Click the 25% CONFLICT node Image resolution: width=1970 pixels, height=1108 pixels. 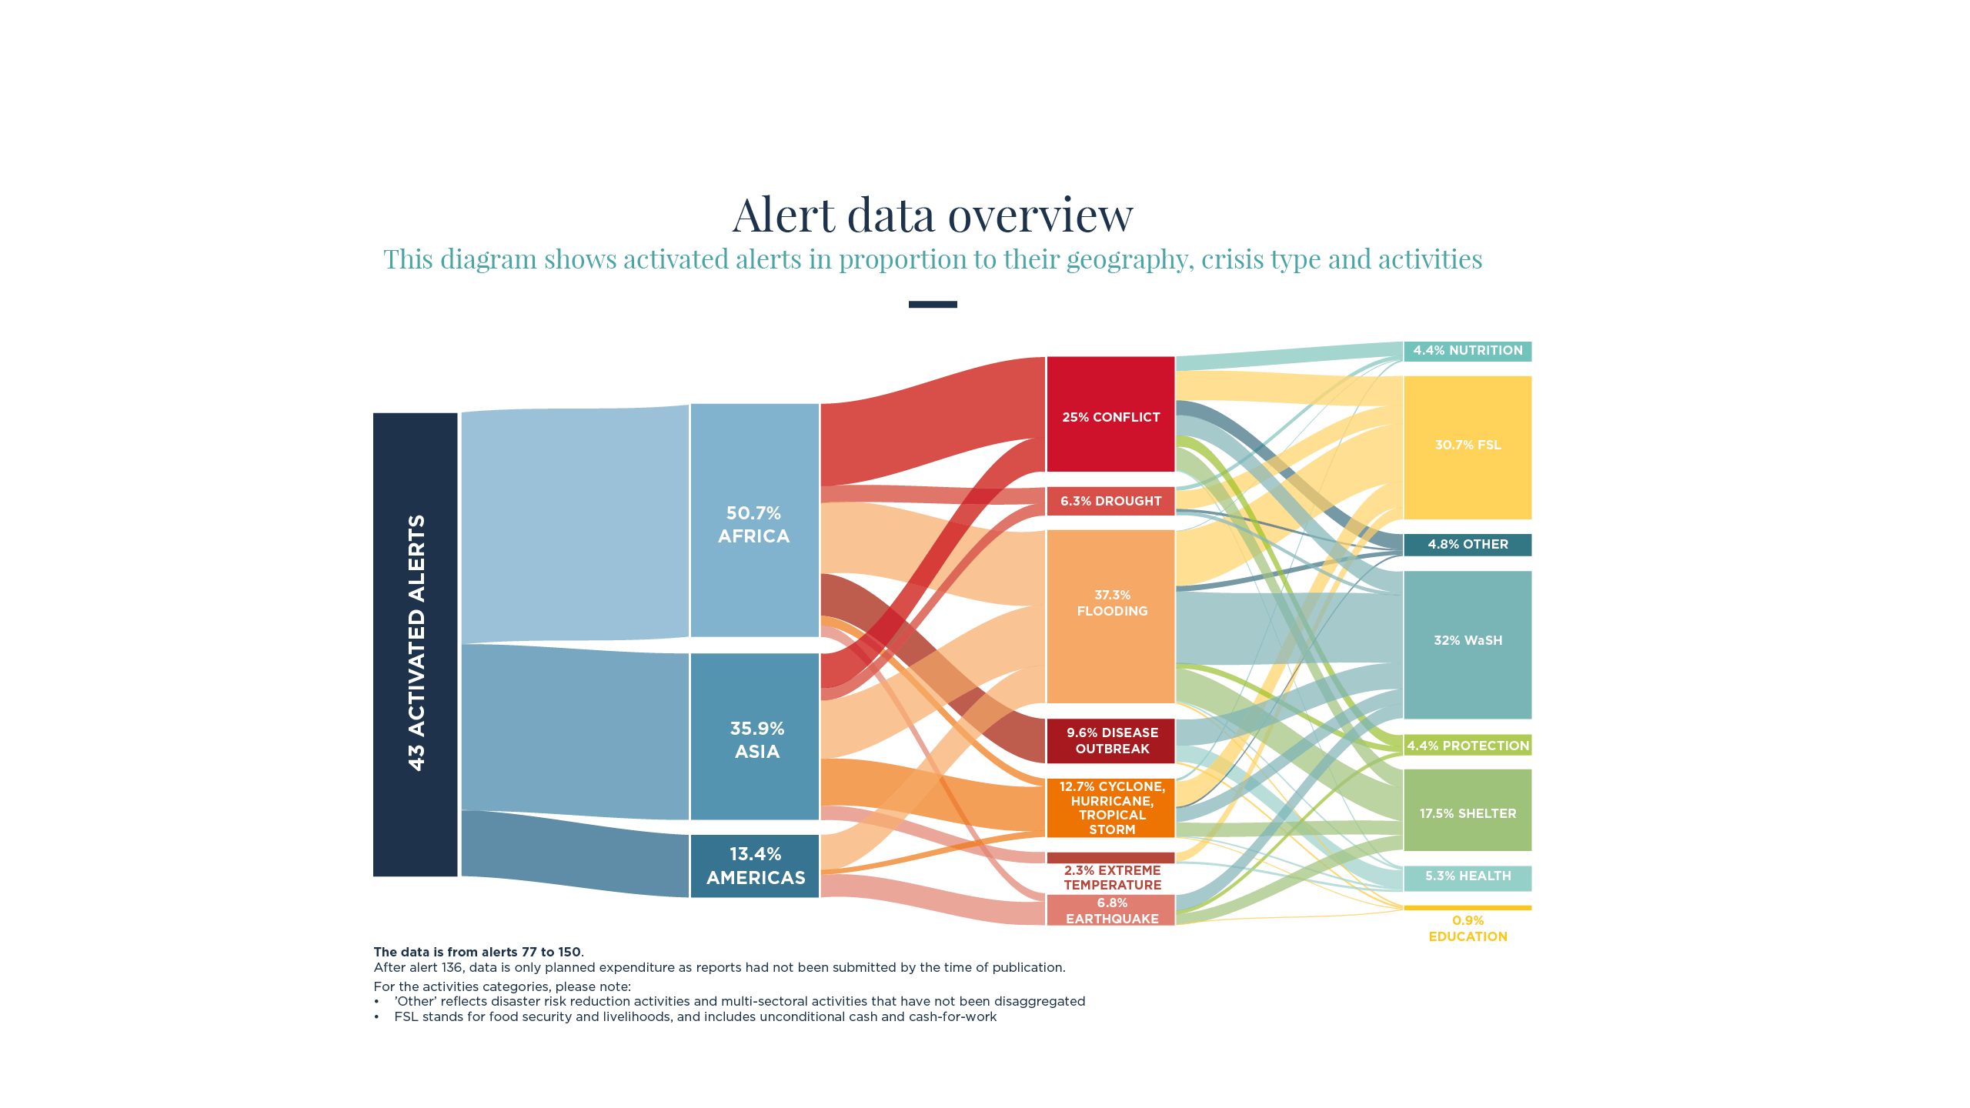[x=1110, y=414]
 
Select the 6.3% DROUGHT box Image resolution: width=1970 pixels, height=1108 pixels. [x=1110, y=501]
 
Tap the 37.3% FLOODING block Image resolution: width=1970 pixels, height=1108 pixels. [x=1110, y=616]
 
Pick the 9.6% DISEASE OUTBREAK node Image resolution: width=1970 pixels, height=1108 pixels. [x=1110, y=741]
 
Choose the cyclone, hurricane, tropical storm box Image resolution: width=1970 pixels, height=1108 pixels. [x=1110, y=808]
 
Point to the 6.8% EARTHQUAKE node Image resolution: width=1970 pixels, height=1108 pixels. [x=1110, y=910]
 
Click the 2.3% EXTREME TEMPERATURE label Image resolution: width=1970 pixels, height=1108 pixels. [x=1112, y=878]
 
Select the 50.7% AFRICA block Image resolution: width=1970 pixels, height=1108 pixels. [x=754, y=520]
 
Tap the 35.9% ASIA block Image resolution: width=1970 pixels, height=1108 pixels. [x=754, y=736]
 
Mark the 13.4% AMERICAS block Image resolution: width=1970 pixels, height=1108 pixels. [x=754, y=866]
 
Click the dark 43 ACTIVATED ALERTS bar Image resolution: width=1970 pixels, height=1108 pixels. [x=416, y=645]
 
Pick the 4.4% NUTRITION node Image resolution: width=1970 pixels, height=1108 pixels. [x=1467, y=351]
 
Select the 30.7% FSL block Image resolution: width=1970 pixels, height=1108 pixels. [x=1467, y=448]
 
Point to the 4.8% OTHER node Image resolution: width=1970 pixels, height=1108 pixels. [x=1467, y=545]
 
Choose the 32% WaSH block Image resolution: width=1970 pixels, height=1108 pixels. [x=1467, y=645]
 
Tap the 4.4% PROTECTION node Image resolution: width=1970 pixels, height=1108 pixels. [x=1467, y=745]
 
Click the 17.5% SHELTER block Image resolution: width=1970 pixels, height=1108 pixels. [x=1467, y=810]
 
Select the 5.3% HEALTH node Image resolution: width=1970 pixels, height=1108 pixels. [x=1467, y=878]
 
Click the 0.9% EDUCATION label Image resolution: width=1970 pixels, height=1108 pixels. [x=1467, y=929]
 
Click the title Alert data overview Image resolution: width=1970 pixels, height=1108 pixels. [x=933, y=215]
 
